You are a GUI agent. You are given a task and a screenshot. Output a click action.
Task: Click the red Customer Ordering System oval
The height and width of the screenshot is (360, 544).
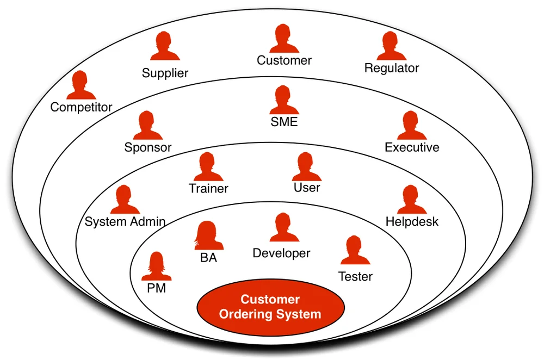coord(270,307)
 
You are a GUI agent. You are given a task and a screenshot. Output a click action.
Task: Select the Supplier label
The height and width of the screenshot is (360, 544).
coord(165,73)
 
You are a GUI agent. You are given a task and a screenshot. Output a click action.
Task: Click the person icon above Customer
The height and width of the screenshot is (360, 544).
coord(284,40)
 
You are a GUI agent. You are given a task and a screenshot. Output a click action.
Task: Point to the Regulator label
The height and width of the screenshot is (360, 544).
coord(392,69)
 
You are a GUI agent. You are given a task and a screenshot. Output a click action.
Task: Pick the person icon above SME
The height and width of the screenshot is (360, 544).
coord(284,101)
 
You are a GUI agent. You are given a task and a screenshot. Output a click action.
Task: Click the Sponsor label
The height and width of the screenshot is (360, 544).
coord(148,147)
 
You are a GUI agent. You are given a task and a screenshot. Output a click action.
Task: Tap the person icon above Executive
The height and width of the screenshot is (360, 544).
coord(412,126)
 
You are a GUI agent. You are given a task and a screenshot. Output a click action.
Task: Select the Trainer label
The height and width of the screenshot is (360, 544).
coord(208,189)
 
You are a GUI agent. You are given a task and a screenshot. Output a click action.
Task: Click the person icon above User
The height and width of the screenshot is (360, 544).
coord(307,167)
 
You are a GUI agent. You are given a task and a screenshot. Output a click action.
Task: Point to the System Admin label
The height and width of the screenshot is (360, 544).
coord(125,222)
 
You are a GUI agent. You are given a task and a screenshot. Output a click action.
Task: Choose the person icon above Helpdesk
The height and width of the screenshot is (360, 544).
coord(412,200)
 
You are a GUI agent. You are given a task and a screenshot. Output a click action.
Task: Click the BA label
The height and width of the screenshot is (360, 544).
coord(208,258)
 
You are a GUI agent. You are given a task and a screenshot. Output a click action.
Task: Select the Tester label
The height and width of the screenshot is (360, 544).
coord(355,276)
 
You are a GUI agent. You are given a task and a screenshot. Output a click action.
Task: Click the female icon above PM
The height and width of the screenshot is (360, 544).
coord(156,266)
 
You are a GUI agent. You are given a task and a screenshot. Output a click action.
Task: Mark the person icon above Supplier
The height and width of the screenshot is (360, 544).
coord(165,47)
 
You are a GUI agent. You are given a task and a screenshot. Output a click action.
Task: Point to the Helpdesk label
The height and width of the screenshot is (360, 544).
coord(412,222)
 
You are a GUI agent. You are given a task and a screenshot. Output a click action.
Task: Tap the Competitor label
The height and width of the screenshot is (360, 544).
coord(81,107)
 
